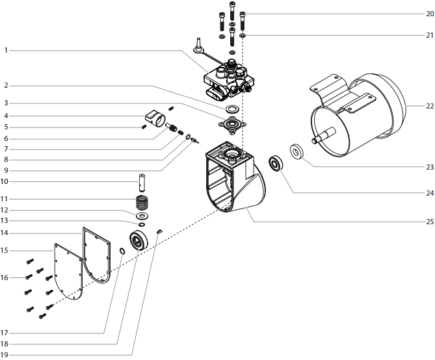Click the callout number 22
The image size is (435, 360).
coord(428,106)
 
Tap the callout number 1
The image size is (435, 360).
coord(5,49)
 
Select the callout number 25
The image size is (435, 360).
coord(428,221)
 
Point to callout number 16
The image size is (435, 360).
coord(5,277)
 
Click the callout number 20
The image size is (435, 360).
coord(428,13)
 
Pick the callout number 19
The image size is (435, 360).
coord(5,354)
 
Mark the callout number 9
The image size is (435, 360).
coord(5,170)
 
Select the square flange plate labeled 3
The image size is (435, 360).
coord(232,124)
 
